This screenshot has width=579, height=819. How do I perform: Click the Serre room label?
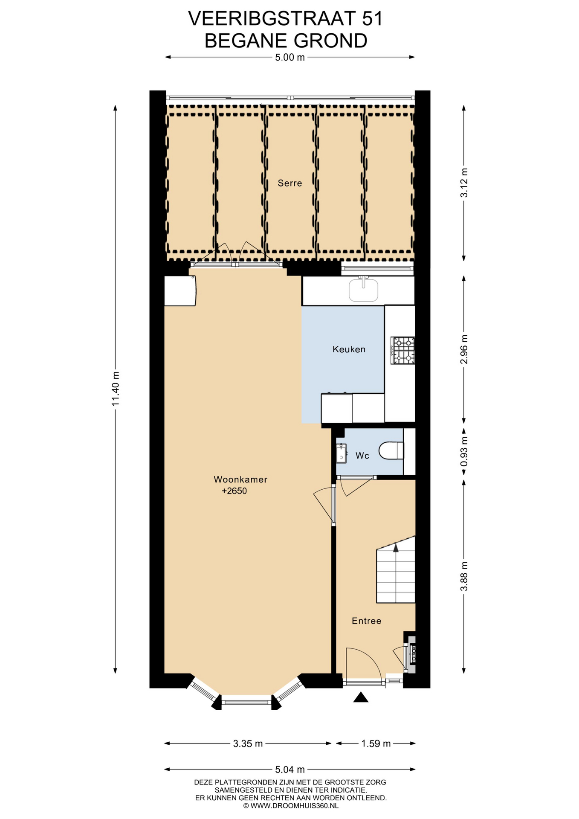[x=290, y=183]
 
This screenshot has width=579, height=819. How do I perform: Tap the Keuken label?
[x=349, y=349]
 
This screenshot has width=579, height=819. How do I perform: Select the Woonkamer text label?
[x=240, y=479]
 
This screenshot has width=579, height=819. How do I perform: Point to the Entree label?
[x=366, y=621]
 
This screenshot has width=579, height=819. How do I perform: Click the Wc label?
[x=362, y=456]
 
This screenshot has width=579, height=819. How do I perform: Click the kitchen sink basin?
[x=364, y=290]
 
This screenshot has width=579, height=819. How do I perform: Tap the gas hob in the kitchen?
[x=403, y=351]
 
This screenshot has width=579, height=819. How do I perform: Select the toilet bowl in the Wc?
[x=391, y=450]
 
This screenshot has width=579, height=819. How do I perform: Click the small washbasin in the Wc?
[x=341, y=453]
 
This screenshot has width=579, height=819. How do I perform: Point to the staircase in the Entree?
[x=396, y=570]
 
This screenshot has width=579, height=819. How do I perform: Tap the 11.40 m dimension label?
[x=115, y=389]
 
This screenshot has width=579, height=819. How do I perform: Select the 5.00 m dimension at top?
[x=290, y=57]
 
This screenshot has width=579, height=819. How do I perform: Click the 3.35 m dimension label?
[x=248, y=743]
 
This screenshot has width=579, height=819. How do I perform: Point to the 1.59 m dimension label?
[x=376, y=743]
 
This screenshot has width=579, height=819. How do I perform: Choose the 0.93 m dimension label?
[x=464, y=452]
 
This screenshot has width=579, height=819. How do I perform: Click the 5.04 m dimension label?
[x=290, y=770]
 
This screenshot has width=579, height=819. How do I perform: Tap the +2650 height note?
[x=234, y=491]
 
